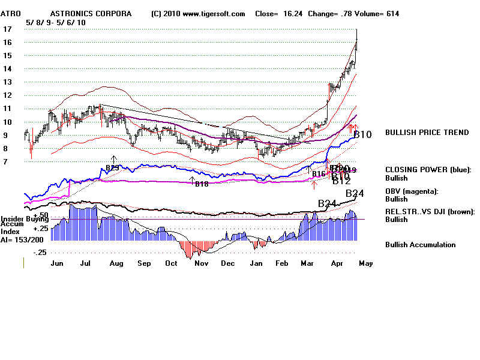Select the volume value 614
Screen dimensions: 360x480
pyautogui.click(x=392, y=13)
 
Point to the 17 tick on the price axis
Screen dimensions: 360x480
pyautogui.click(x=7, y=29)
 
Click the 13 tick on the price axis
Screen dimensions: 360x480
pyautogui.click(x=7, y=82)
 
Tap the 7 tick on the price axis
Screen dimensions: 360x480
pyautogui.click(x=5, y=162)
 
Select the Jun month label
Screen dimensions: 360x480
pyautogui.click(x=58, y=263)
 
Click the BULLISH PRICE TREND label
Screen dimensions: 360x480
pyautogui.click(x=427, y=133)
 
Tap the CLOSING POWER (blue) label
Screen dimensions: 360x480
pyautogui.click(x=428, y=170)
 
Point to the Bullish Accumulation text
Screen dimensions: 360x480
pyautogui.click(x=420, y=245)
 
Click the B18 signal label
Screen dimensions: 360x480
pyautogui.click(x=202, y=184)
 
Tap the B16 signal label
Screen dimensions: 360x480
pyautogui.click(x=318, y=174)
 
